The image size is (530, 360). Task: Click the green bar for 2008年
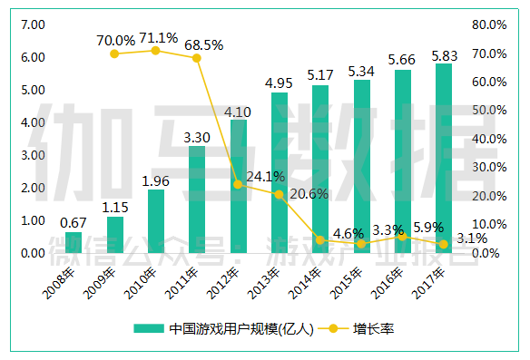(x=74, y=242)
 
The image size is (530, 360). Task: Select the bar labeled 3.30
(x=197, y=199)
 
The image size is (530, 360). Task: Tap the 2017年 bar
(x=444, y=158)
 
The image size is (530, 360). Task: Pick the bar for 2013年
(x=280, y=172)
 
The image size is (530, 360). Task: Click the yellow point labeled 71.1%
(x=155, y=51)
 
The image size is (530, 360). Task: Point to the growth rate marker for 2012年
(x=238, y=184)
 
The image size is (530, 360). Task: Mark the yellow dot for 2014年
(x=320, y=240)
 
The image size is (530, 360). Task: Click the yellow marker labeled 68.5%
(x=197, y=58)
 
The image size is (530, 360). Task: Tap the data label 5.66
(x=401, y=60)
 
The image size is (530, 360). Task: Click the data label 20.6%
(x=309, y=194)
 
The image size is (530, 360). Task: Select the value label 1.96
(x=155, y=181)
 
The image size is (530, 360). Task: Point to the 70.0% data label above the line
(x=115, y=41)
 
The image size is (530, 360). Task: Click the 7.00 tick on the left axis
(x=33, y=24)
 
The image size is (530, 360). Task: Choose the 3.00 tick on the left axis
(x=33, y=155)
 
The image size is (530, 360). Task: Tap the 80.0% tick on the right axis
(x=489, y=24)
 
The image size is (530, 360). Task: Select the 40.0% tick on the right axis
(x=489, y=139)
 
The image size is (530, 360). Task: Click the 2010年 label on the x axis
(x=140, y=283)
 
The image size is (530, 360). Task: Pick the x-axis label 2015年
(x=346, y=283)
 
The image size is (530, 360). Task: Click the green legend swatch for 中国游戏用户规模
(x=149, y=328)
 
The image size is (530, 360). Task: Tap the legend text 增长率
(x=374, y=328)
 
